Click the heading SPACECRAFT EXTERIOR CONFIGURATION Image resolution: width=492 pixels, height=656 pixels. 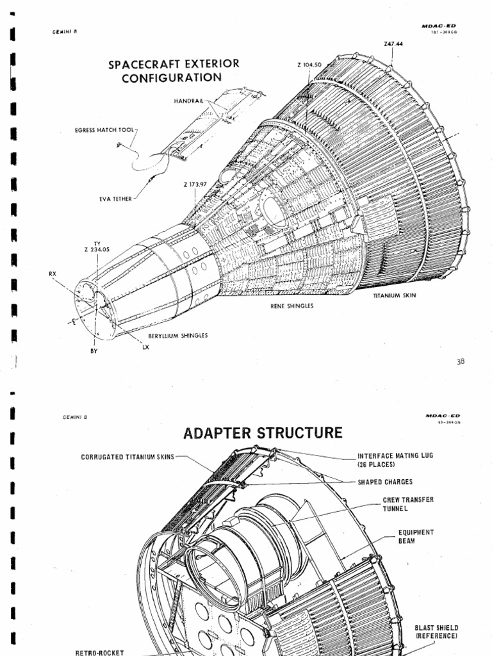174,71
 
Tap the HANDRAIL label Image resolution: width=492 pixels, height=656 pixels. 188,101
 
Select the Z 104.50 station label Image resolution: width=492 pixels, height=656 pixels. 309,64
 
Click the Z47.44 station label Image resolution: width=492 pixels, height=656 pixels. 393,44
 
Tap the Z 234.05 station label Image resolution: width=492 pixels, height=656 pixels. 97,250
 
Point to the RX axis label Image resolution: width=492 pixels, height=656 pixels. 53,274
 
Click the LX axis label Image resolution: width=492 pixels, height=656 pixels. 145,347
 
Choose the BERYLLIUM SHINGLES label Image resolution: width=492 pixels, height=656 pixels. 178,335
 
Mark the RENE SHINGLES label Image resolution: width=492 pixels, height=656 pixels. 291,306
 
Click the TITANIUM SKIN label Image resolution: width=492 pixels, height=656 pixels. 395,297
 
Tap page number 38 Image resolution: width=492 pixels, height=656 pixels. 461,361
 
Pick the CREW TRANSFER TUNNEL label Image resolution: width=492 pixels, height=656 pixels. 409,504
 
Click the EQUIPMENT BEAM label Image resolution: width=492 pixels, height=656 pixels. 416,536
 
